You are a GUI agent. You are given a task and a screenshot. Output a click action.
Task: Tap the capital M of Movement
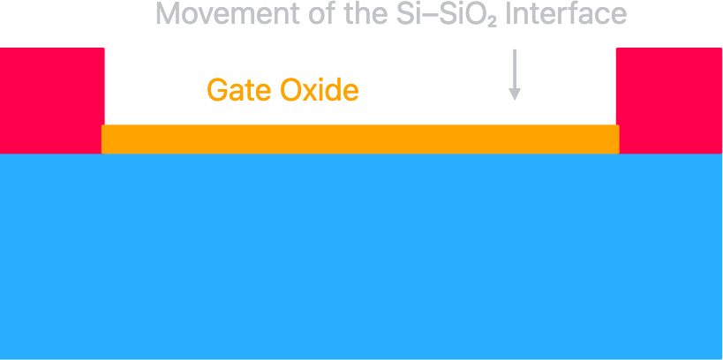click(x=165, y=14)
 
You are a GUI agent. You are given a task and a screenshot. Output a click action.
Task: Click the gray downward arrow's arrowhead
click(x=515, y=94)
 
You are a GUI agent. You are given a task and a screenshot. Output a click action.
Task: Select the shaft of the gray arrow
click(x=515, y=69)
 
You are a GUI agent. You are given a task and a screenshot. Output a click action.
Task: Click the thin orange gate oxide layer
click(x=360, y=139)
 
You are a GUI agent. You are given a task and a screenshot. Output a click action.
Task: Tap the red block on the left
click(x=51, y=100)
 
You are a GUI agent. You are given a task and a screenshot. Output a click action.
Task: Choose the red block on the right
click(x=668, y=100)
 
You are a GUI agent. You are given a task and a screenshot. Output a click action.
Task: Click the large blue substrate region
click(x=361, y=256)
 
